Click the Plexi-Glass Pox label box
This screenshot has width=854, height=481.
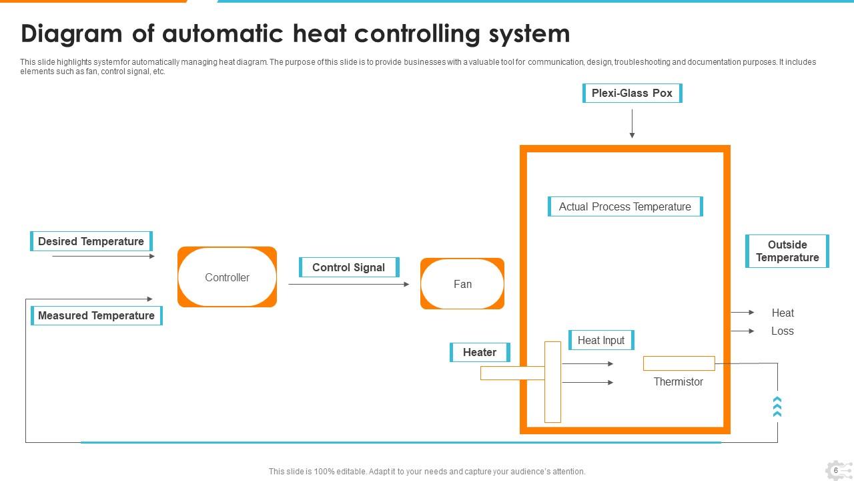point(632,94)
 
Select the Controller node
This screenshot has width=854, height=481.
point(227,277)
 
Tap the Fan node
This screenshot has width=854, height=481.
point(462,284)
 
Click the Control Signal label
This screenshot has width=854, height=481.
point(349,267)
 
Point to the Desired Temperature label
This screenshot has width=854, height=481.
point(91,241)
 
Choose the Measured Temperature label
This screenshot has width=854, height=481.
point(97,315)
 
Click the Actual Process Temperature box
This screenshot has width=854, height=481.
point(624,207)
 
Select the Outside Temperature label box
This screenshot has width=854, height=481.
point(787,251)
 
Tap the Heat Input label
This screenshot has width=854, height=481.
point(601,340)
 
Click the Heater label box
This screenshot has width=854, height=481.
point(480,352)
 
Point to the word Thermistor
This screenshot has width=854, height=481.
point(678,382)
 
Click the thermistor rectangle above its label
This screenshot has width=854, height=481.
point(679,363)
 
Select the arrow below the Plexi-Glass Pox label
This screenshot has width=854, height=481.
point(632,124)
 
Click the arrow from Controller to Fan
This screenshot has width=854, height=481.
point(349,285)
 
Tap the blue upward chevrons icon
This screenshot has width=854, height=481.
point(777,406)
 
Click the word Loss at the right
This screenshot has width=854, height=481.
point(782,331)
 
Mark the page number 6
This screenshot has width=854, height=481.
point(835,470)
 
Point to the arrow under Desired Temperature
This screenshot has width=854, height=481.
point(103,256)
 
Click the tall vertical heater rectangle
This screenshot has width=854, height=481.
point(552,382)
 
